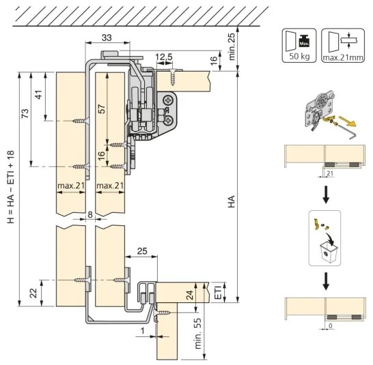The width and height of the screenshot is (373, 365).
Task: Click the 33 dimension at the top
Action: (107, 38)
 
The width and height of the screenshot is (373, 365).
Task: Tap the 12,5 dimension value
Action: (164, 57)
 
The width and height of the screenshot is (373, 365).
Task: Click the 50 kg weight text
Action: (299, 57)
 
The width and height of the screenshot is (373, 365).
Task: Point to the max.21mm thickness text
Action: (343, 58)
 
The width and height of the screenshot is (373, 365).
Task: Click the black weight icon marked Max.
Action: (304, 41)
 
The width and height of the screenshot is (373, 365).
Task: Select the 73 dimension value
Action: (25, 113)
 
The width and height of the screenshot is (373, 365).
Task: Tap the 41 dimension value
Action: (39, 95)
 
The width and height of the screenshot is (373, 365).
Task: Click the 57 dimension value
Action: (101, 108)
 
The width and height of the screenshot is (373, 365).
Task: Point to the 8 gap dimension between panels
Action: (90, 215)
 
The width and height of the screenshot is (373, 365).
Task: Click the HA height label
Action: (231, 201)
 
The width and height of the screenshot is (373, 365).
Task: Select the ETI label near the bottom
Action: (219, 292)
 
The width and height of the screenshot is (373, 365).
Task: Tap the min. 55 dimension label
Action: (198, 334)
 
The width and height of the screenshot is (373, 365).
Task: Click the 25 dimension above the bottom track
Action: (142, 251)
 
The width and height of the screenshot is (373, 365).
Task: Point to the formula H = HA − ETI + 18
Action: (11, 187)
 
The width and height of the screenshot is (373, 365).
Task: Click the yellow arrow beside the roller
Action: (347, 121)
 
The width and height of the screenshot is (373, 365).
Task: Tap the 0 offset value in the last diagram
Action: (331, 326)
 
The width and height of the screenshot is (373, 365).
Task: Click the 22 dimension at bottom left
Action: (34, 293)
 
